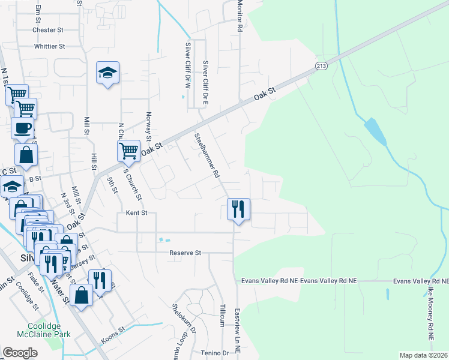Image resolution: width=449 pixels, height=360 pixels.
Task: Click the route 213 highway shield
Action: point(322,65)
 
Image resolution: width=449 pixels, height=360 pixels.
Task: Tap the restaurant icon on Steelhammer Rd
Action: point(238,209)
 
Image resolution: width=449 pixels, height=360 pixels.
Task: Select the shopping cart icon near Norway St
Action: point(129,151)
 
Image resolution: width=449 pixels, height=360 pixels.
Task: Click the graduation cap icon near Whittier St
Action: point(108,73)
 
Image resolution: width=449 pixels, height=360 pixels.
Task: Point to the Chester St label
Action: point(48,29)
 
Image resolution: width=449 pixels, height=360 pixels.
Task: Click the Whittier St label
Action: point(49,46)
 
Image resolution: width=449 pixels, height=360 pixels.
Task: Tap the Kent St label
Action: point(136,212)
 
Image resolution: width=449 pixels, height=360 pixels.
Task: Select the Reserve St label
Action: point(184,253)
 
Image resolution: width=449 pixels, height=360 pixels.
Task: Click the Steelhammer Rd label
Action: point(205,155)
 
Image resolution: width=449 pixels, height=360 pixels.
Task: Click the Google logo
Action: point(20,353)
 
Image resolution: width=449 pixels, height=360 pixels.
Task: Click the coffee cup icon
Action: point(22,128)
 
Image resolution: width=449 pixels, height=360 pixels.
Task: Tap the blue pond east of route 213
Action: point(375,130)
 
